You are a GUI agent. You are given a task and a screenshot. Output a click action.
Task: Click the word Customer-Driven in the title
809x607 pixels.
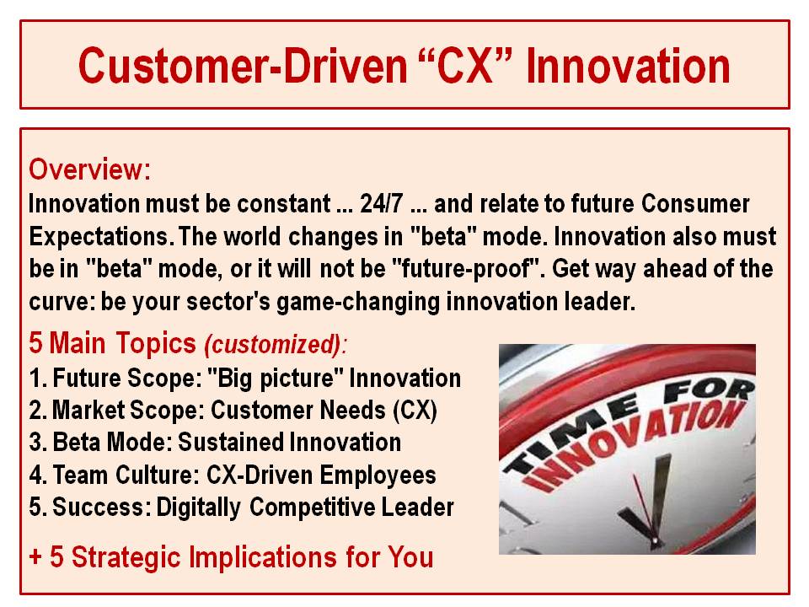click(243, 66)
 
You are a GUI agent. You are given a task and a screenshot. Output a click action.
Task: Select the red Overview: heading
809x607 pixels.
click(90, 169)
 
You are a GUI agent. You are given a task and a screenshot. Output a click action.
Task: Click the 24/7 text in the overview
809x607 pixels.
click(381, 203)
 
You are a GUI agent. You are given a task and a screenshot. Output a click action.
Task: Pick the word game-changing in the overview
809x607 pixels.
click(358, 302)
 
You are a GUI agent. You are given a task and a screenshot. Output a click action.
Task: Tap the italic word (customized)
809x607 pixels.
click(273, 344)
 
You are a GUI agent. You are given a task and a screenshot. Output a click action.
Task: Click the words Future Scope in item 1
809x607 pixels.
click(125, 379)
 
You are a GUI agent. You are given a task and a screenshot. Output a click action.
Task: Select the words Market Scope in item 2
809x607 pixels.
click(125, 411)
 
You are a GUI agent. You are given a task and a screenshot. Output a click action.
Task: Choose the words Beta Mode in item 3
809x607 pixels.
click(109, 443)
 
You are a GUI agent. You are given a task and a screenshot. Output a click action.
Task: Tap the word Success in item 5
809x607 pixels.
click(98, 507)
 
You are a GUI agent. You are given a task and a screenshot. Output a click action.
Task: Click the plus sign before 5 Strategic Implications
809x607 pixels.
click(35, 557)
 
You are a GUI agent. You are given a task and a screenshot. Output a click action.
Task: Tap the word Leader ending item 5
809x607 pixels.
click(417, 507)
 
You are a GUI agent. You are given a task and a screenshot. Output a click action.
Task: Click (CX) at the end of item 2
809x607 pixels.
click(415, 411)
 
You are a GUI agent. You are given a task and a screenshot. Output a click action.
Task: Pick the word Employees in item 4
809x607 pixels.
click(378, 475)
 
